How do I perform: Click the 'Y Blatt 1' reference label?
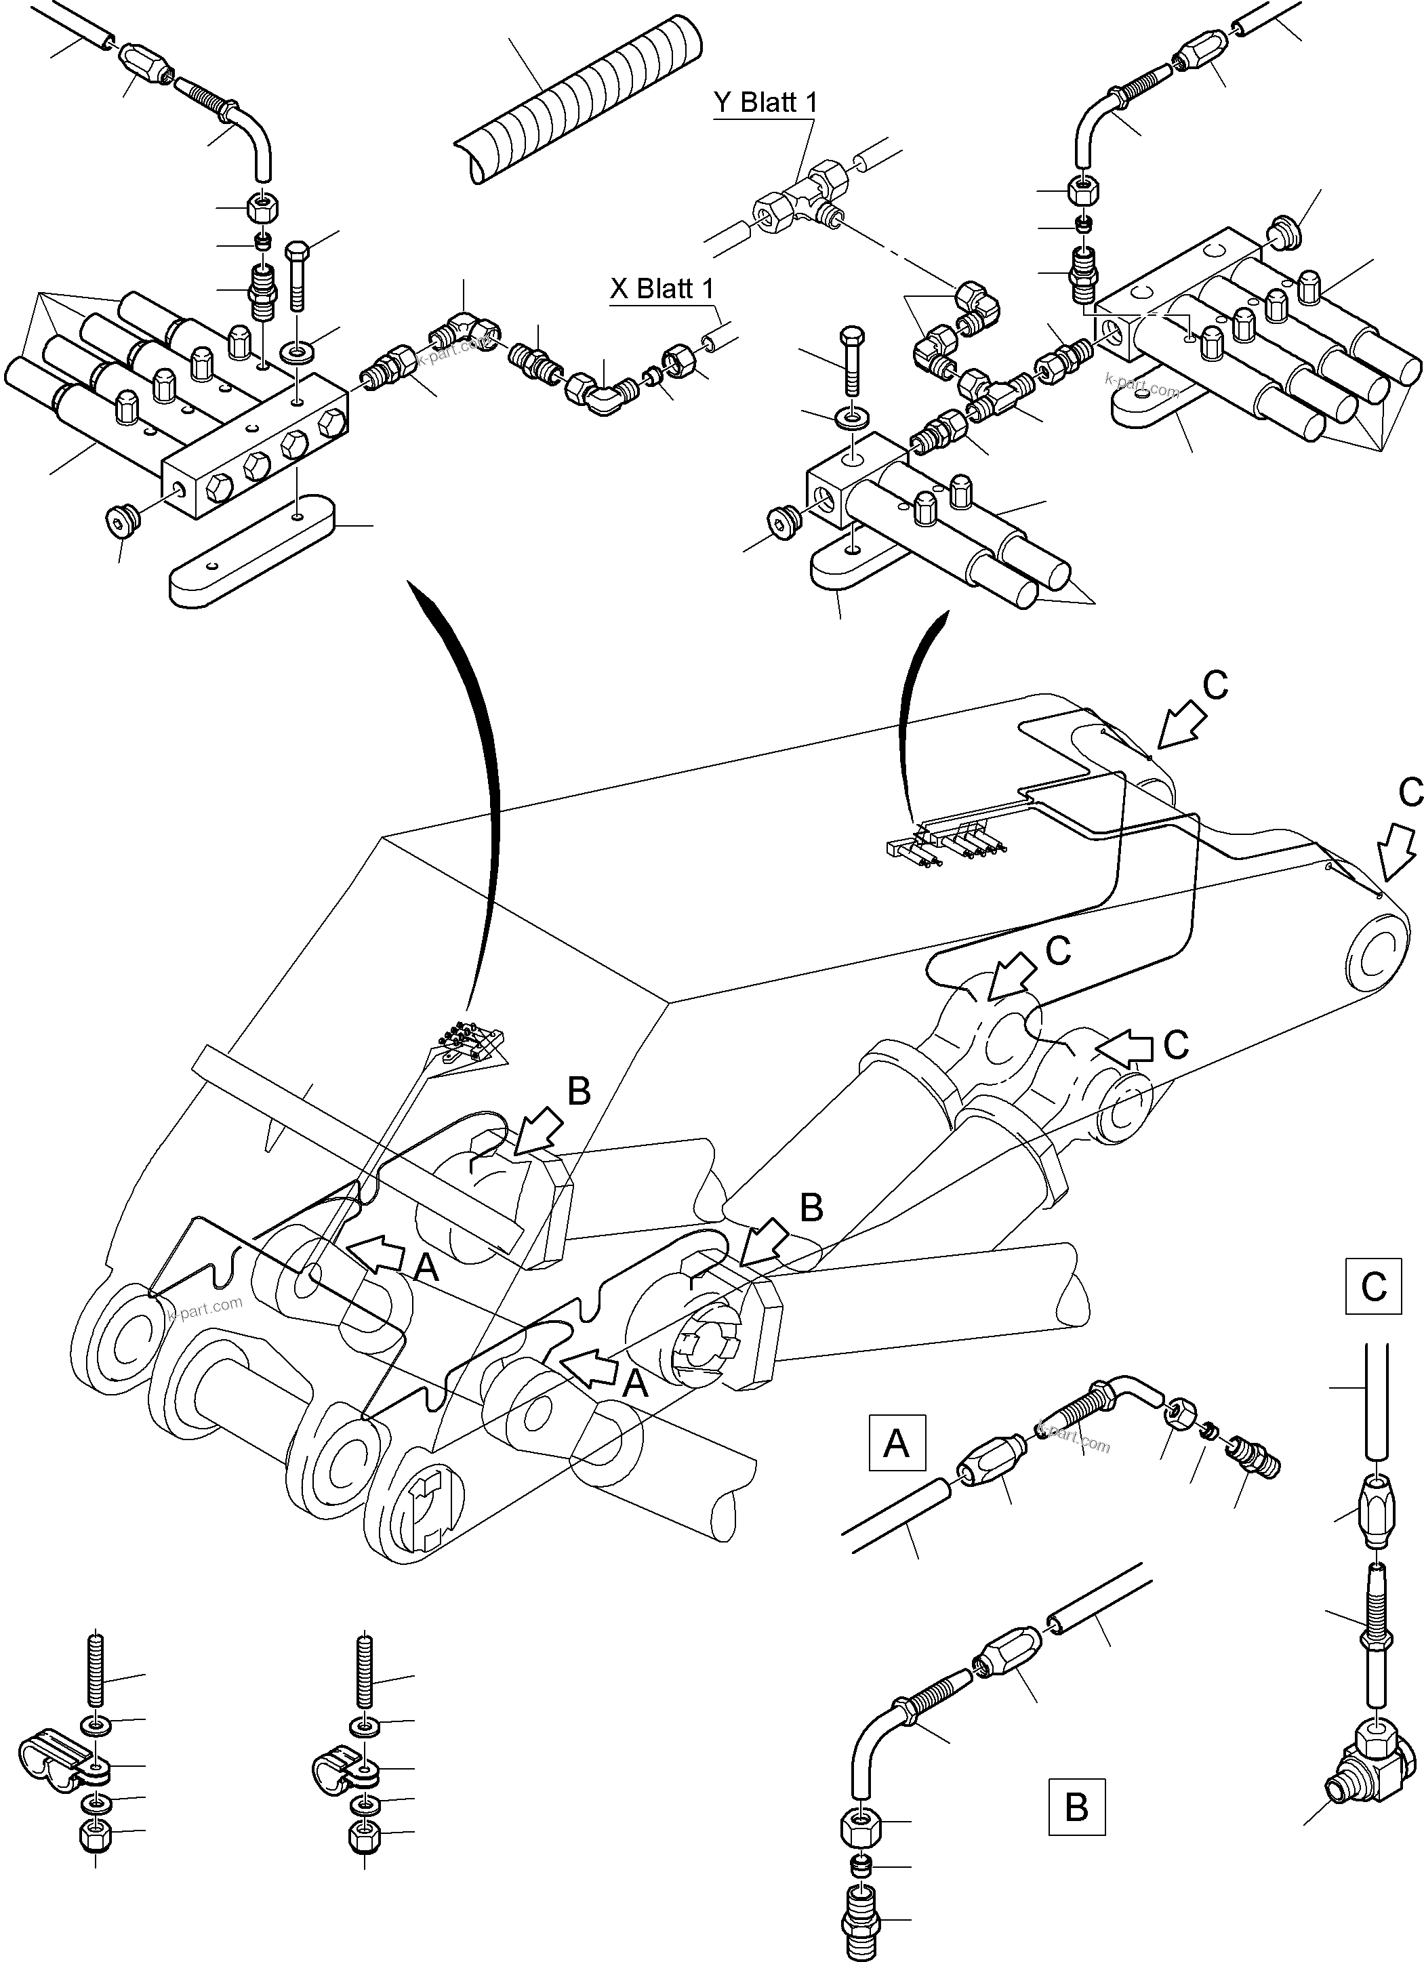[765, 103]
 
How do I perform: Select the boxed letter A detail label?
[896, 1443]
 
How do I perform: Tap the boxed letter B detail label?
[1076, 1806]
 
